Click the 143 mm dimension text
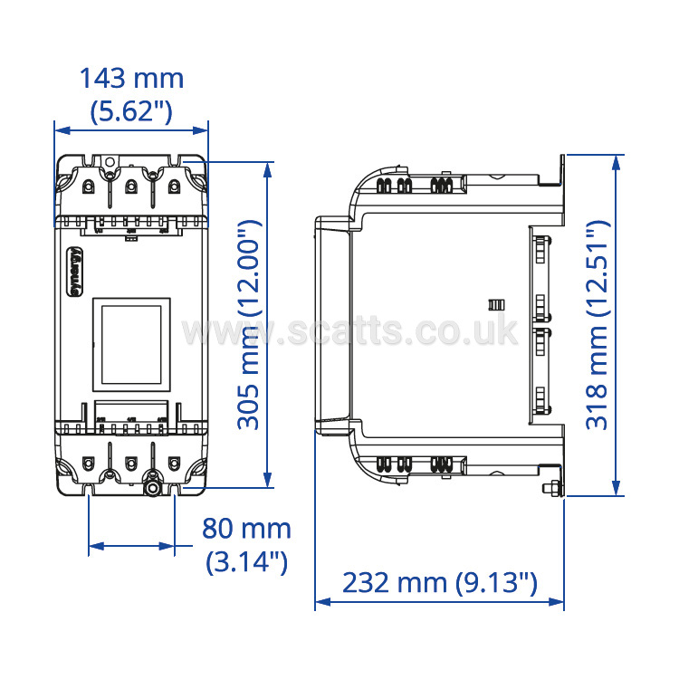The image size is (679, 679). [x=131, y=79]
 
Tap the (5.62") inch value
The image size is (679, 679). [x=131, y=111]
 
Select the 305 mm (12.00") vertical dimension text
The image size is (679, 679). [x=250, y=325]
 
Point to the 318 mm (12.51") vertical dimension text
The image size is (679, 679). [x=598, y=325]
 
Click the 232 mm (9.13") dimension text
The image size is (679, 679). [x=439, y=582]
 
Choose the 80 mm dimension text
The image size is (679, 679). [x=246, y=529]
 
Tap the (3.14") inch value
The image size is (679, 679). [x=246, y=561]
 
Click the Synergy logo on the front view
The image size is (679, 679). [x=75, y=272]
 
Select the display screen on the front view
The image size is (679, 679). [x=131, y=344]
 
